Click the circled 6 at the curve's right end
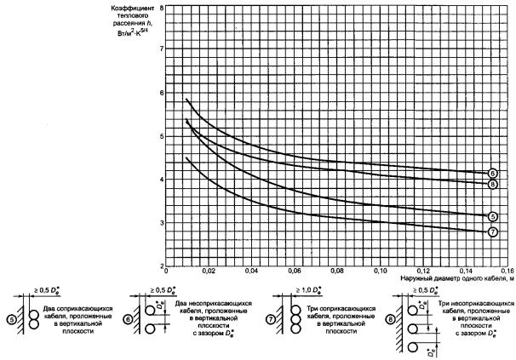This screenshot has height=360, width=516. pos(493,174)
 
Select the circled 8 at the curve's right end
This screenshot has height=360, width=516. pos(493,184)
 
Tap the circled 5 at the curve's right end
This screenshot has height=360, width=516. pos(493,216)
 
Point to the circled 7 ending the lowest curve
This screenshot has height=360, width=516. pos(493,231)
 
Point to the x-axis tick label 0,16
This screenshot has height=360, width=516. pos(506,271)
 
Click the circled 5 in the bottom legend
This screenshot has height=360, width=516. pos(10,319)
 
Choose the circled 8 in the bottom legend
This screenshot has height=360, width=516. pos(391,320)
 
